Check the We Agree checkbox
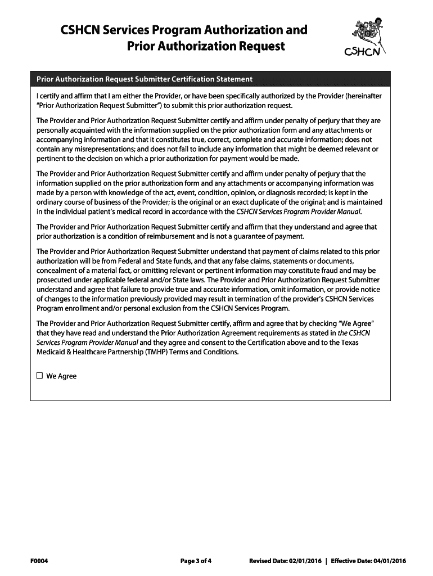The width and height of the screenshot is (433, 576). [x=39, y=376]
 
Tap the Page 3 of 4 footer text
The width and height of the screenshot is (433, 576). [x=196, y=560]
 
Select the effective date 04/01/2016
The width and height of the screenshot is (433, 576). [x=389, y=560]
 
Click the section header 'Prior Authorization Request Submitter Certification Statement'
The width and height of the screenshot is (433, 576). [x=145, y=79]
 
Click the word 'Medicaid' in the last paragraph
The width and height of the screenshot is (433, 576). [x=52, y=352]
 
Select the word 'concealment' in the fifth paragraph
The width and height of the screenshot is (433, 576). [x=57, y=271]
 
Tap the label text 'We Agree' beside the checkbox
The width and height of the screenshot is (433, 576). [x=61, y=376]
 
